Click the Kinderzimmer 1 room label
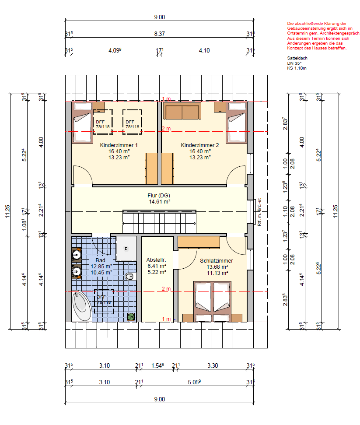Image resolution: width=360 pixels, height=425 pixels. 119,145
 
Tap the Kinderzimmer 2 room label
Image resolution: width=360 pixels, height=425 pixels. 200,145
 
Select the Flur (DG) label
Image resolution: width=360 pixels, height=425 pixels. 159,196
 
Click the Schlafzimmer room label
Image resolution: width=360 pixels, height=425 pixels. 217,261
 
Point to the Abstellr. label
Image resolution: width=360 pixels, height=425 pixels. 156,260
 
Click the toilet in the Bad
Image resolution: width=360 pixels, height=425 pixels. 130,277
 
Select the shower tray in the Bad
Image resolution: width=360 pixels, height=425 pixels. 126,249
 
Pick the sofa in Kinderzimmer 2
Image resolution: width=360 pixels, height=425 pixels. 182,111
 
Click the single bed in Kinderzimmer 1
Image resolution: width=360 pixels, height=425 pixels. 82,123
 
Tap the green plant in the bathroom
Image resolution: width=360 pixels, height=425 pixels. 131,316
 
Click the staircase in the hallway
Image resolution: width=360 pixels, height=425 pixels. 159,221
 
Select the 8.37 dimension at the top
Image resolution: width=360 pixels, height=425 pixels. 160,34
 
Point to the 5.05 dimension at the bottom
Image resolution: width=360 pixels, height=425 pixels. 194,382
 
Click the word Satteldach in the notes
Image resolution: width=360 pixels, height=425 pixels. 297,58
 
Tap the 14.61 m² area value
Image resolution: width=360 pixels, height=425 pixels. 160,202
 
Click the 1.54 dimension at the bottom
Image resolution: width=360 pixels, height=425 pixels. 157,365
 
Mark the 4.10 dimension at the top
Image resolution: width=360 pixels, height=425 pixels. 204,50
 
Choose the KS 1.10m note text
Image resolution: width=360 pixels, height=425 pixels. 297,68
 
